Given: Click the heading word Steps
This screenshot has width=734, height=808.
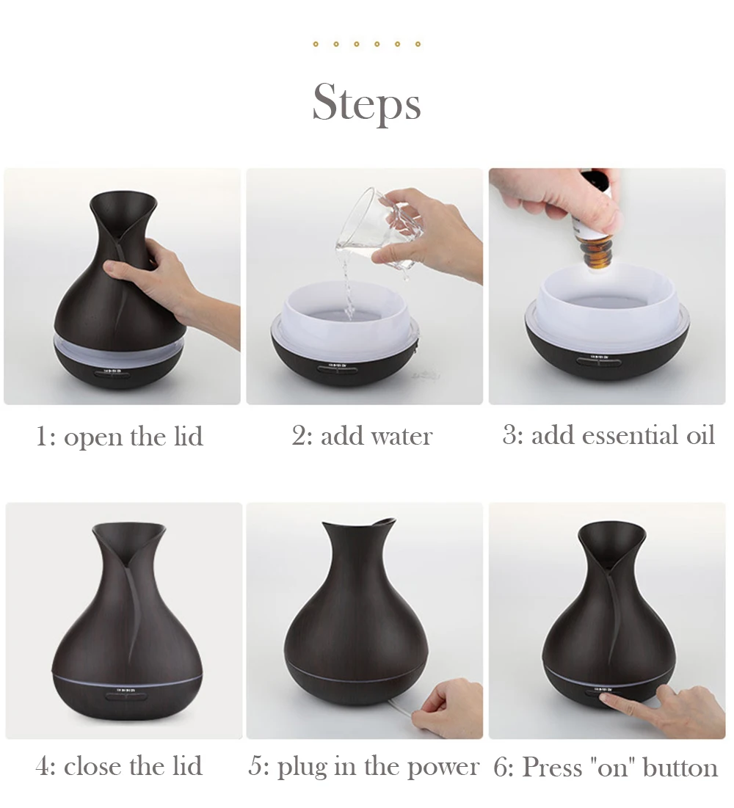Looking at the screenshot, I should coord(366,103).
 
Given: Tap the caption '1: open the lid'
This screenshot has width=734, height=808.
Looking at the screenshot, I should coord(120,437).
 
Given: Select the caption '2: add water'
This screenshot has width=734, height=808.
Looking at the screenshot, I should coord(362,436).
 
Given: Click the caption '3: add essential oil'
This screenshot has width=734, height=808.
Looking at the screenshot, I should coord(608,435).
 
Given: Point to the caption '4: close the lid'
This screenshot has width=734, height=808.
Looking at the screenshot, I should coord(119,766).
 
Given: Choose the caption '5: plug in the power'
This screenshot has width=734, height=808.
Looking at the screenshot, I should coord(363,767).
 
